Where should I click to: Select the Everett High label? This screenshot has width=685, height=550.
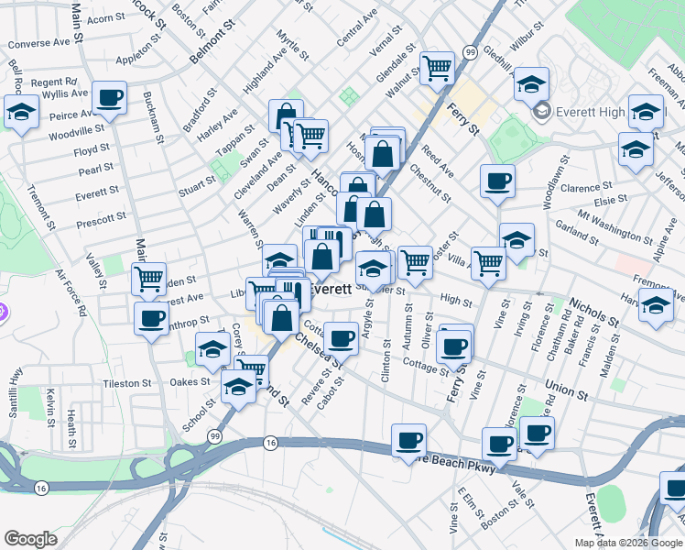coord(591,111)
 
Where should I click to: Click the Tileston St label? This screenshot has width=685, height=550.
coord(126,382)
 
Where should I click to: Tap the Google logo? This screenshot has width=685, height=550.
coord(31,539)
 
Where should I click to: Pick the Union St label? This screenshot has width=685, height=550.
coord(565,388)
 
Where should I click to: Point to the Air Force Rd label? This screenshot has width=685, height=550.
coord(71,293)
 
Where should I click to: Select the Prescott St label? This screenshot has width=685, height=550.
coord(102,218)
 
